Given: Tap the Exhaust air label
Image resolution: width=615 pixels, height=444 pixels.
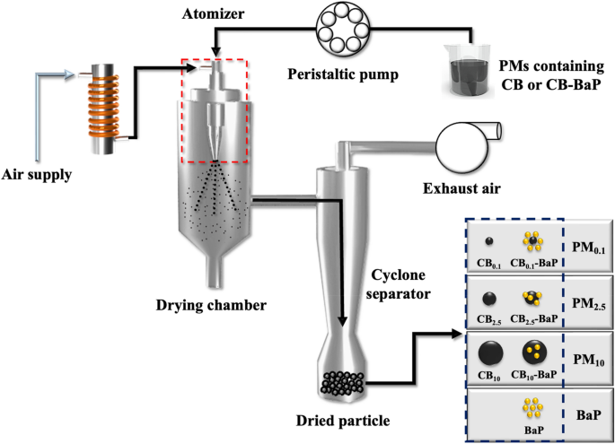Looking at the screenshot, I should pos(459,187).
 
